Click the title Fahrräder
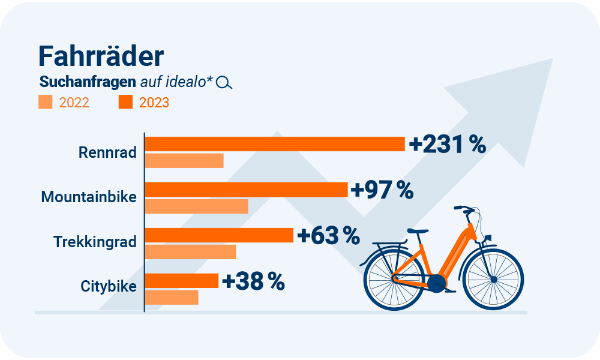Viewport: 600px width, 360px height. coord(101,56)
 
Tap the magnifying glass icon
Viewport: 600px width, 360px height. coord(224,83)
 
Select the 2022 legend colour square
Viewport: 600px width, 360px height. coord(46,102)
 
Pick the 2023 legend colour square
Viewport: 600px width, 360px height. coord(125,102)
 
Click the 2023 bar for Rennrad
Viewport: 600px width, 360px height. coord(275,144)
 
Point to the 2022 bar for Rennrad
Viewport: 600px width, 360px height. coord(184,161)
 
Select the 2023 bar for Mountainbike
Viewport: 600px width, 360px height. coord(247,190)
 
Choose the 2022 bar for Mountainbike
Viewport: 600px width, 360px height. coord(197,206)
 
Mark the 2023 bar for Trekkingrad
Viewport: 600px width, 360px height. coord(220,235)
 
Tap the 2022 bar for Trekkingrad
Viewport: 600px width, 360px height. coord(191,252)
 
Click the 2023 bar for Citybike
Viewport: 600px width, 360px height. coord(182,281)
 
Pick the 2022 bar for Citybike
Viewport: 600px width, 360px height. coord(172,297)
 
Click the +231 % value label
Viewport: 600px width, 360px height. coord(447,145)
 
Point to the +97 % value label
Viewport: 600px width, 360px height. coord(382,190)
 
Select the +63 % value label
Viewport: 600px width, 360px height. coord(328,236)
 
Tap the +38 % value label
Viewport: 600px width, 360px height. coord(253,281)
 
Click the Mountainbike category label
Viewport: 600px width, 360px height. coord(89,197)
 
